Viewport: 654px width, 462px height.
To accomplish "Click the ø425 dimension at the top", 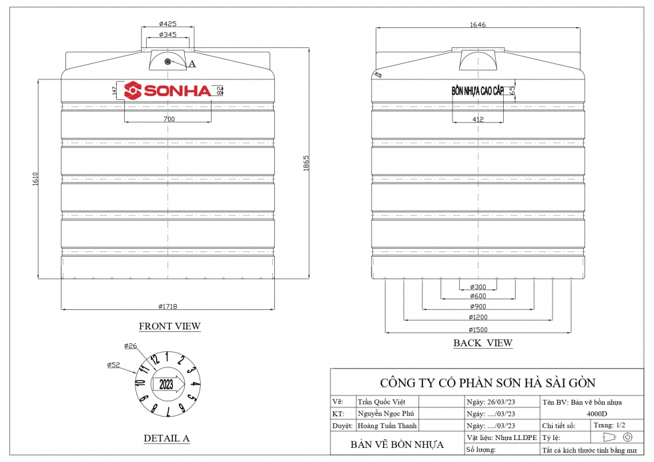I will tap(168, 24).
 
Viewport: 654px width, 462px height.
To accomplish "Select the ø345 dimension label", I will tap(168, 34).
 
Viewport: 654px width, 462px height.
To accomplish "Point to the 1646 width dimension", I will tap(478, 25).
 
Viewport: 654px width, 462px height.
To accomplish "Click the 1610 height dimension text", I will tap(35, 179).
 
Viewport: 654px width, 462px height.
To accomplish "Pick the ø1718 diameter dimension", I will tap(168, 306).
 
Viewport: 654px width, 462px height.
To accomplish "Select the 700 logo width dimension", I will tap(168, 119).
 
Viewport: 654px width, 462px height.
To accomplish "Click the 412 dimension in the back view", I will tap(478, 119).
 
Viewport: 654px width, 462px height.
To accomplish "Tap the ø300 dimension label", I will tap(478, 287).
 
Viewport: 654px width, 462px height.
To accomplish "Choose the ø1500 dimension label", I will tap(478, 329).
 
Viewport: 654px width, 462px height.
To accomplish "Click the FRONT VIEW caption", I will tap(170, 327).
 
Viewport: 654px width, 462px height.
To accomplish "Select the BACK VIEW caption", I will tap(483, 343).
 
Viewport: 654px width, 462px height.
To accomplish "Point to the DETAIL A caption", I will tap(167, 438).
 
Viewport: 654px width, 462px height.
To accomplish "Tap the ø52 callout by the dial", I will tap(113, 365).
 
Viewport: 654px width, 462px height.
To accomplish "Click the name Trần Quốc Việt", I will tap(382, 402).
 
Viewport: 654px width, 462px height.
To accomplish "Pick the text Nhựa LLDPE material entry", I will tap(515, 437).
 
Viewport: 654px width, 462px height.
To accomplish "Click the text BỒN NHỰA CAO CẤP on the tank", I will tap(478, 91).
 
